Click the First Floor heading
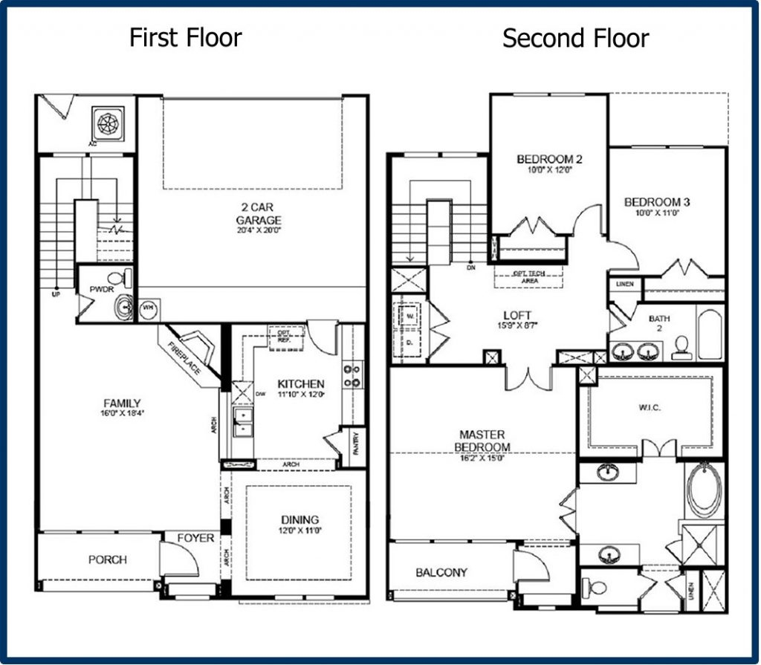[185, 37]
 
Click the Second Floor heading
[575, 38]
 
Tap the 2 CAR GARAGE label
[259, 214]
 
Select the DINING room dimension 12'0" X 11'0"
[299, 531]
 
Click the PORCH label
[107, 559]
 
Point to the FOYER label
[195, 538]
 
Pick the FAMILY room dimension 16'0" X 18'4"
[123, 415]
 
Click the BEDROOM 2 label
[549, 159]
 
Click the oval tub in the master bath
[703, 490]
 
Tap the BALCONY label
[441, 572]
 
